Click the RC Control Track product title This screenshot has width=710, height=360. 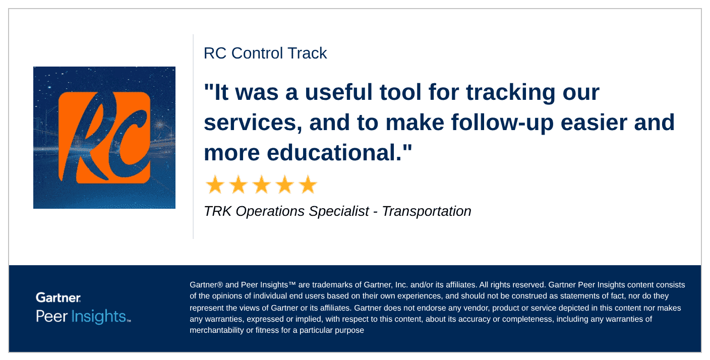point(265,53)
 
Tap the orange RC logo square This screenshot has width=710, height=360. point(104,138)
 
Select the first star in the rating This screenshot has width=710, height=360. point(215,185)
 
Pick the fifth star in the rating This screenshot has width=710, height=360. point(308,185)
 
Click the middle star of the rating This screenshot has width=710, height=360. point(262,185)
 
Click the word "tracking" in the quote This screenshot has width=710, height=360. point(510,93)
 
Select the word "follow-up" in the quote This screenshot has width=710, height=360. point(502,123)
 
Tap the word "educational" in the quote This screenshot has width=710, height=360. point(334,152)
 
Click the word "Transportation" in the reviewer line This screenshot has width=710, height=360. point(427,211)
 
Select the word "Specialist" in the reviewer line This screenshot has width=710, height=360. point(339,211)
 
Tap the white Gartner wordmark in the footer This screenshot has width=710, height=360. point(58,297)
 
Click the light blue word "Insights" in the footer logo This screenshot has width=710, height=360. point(99,316)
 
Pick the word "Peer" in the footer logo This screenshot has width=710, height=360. point(51,316)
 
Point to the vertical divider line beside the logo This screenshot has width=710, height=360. point(193,136)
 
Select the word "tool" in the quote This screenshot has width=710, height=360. point(400,92)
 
